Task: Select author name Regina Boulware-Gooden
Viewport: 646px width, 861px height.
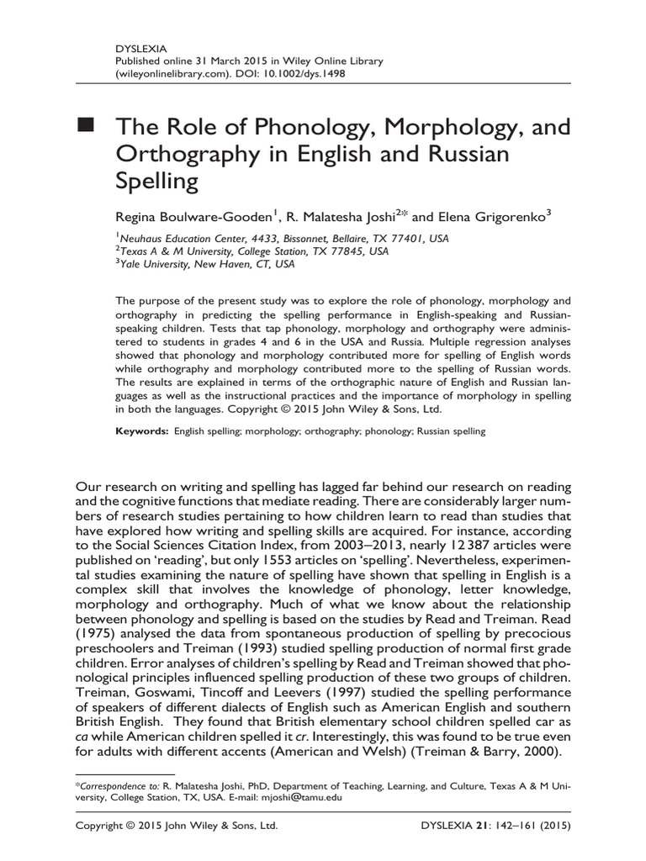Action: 191,216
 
